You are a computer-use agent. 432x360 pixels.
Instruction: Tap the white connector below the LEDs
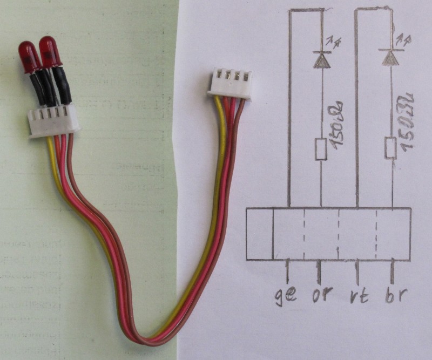(54, 120)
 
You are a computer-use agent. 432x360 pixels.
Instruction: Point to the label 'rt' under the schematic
(359, 296)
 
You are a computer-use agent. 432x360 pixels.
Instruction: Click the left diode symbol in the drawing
(322, 59)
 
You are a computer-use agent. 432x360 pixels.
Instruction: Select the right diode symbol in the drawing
(390, 58)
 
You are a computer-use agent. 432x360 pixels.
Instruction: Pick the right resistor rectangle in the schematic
(390, 148)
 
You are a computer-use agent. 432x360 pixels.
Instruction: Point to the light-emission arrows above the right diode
(400, 39)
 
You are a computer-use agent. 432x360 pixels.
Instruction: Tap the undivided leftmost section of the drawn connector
(260, 234)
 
